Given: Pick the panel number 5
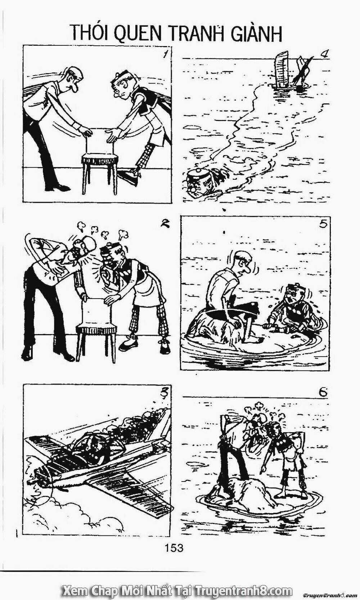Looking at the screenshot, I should tap(323, 224).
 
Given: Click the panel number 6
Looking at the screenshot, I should tap(323, 392).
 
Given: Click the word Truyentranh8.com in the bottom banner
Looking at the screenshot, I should tap(243, 591).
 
